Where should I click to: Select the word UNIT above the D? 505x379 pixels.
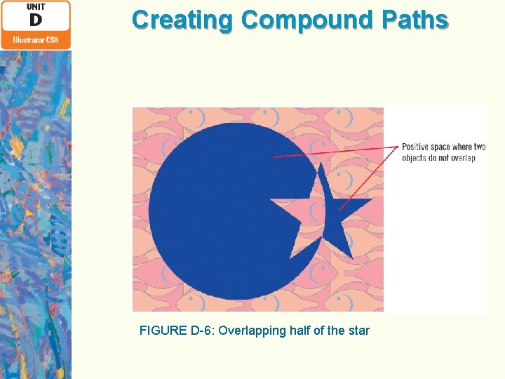click(35, 6)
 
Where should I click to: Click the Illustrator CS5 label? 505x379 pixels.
click(35, 40)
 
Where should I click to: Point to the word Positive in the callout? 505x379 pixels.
click(415, 147)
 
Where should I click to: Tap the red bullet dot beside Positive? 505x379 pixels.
click(398, 147)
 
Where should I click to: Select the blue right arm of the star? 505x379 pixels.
click(354, 204)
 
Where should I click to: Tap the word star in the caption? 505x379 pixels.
click(358, 330)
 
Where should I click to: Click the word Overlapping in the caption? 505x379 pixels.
click(251, 330)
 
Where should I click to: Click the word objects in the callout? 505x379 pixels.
click(415, 158)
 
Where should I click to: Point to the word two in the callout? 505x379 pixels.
click(479, 147)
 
